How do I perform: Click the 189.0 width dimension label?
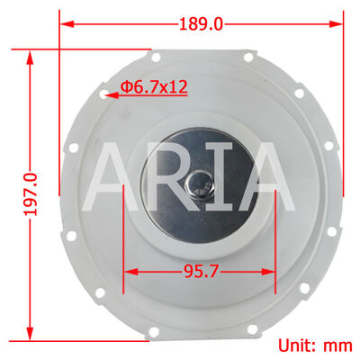pos(202,24)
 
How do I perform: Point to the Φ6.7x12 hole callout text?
pos(154,87)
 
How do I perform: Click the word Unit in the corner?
pos(295,345)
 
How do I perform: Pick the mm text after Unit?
pos(337,345)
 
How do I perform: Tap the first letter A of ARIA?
pos(117,177)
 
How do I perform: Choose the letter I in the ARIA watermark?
pos(224,177)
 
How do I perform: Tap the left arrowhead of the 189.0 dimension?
pos(65,24)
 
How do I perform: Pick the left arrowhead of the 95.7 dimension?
pos(128,269)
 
